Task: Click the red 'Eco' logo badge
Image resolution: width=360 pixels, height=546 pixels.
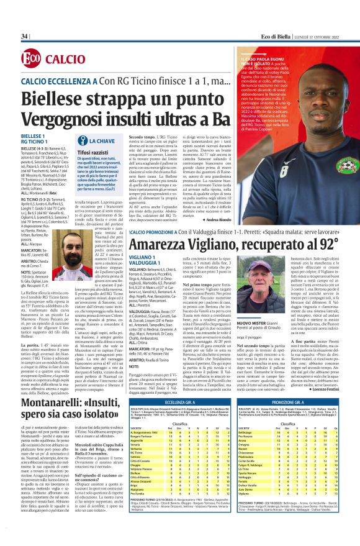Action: pos(30,58)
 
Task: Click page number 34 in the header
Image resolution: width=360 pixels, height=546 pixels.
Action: pos(25,36)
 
